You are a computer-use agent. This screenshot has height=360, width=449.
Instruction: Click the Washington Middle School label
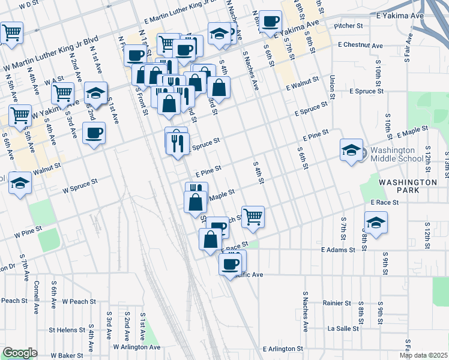point(392,154)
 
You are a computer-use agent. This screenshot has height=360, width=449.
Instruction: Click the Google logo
point(20,353)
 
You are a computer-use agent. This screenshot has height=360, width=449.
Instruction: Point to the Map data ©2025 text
point(424,355)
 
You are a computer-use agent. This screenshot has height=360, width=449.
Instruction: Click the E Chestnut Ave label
point(360,45)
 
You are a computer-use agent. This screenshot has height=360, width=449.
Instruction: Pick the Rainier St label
point(336,304)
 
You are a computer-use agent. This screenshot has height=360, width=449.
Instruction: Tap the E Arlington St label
point(283,349)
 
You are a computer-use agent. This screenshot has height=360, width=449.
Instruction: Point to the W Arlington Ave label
point(131,347)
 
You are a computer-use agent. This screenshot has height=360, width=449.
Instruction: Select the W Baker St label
point(67,356)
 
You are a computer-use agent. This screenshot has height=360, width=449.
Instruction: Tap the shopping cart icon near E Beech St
point(253,216)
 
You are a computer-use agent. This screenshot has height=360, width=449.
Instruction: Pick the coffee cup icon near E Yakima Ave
point(271,22)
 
